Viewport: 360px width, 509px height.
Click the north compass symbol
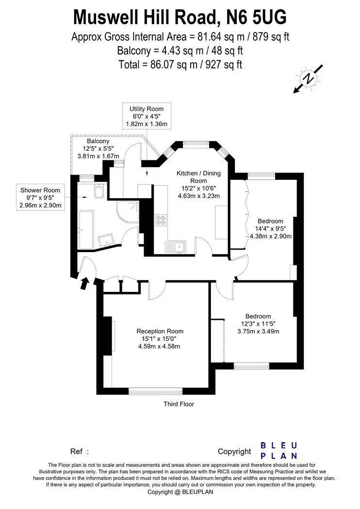(x=308, y=79)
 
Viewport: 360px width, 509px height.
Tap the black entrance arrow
(x=84, y=283)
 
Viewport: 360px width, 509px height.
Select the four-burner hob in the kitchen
(x=161, y=221)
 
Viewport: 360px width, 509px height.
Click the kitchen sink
(x=176, y=247)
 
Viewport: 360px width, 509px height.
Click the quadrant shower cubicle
(x=129, y=212)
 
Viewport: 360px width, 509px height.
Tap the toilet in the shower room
(x=98, y=191)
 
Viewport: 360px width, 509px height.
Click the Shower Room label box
(x=40, y=197)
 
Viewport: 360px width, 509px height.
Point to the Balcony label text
(x=98, y=141)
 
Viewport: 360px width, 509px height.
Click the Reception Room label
(x=160, y=331)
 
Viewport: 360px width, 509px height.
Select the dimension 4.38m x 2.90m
(x=271, y=236)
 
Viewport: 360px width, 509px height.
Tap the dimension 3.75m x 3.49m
(x=258, y=331)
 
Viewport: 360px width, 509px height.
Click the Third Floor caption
(x=179, y=404)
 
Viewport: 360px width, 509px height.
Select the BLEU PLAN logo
(x=279, y=450)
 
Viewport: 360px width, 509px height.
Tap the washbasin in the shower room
(x=107, y=240)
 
